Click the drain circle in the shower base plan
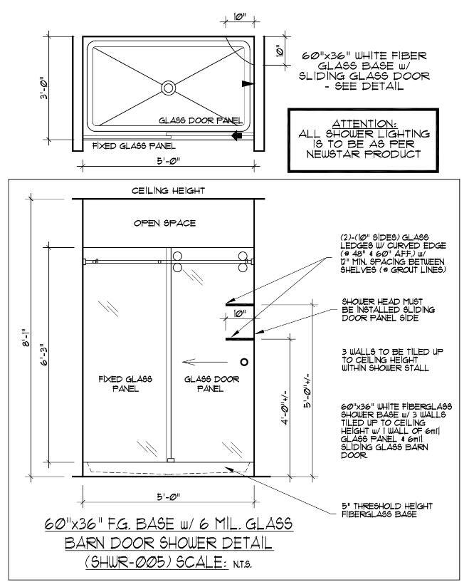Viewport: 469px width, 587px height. click(168, 88)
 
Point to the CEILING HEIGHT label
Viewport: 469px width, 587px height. click(169, 191)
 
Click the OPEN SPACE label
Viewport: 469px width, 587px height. click(164, 223)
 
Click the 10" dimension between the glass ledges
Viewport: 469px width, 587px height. click(239, 313)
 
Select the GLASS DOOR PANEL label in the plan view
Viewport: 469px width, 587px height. click(201, 120)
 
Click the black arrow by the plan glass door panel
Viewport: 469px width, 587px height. click(237, 135)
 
